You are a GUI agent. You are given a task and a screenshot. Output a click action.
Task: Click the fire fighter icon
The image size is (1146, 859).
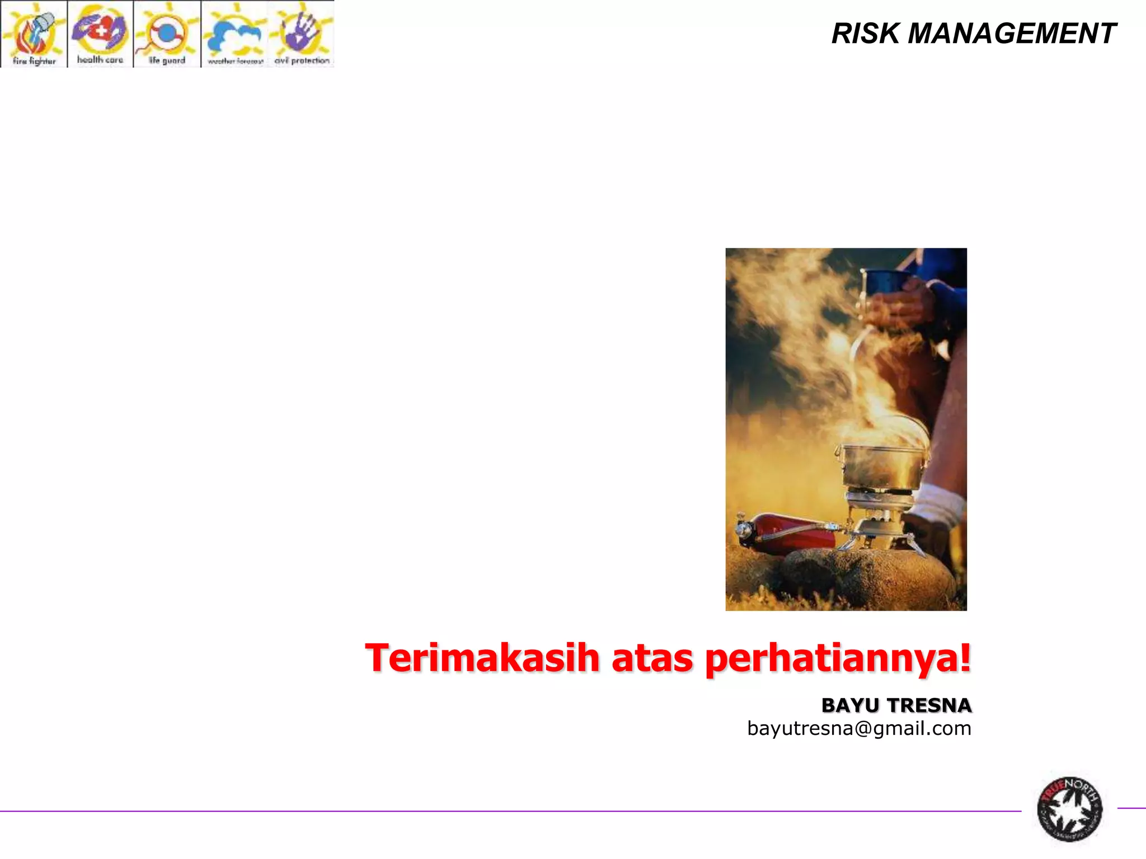pos(34,34)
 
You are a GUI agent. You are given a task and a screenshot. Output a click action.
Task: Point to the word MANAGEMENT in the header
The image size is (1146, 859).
pos(1012,34)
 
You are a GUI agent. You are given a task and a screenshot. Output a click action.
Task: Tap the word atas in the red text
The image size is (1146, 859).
pos(652,659)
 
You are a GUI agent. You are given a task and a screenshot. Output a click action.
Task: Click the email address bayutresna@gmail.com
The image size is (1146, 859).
pos(859,729)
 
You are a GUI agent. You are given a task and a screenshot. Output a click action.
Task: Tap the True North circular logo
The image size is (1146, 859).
pos(1069,809)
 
